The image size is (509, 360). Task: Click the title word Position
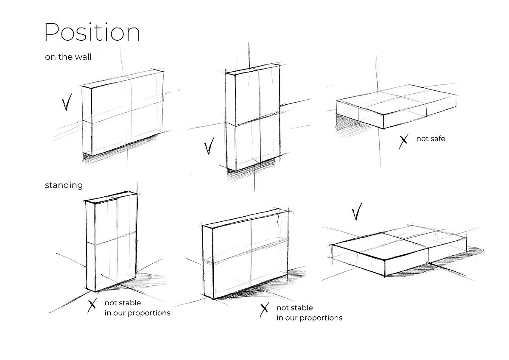[x=92, y=32]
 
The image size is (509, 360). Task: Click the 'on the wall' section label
[x=68, y=57]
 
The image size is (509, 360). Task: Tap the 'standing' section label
[x=64, y=185]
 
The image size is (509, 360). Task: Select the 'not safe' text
[x=431, y=139]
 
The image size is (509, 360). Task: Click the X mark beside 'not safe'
[x=403, y=141]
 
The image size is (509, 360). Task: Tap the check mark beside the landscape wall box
[x=67, y=102]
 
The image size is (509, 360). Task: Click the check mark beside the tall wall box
[x=209, y=145]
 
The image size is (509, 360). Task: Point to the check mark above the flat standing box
[x=357, y=212]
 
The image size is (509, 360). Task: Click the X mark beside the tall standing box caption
[x=92, y=306]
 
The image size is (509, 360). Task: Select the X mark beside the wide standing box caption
[x=265, y=310]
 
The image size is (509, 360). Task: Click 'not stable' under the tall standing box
[x=123, y=303]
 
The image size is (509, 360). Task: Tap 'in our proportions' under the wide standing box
[x=309, y=318]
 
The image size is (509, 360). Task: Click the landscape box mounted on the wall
[x=123, y=112]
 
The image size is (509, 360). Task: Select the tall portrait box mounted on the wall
[x=253, y=117]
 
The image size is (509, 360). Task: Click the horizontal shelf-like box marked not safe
[x=397, y=106]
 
